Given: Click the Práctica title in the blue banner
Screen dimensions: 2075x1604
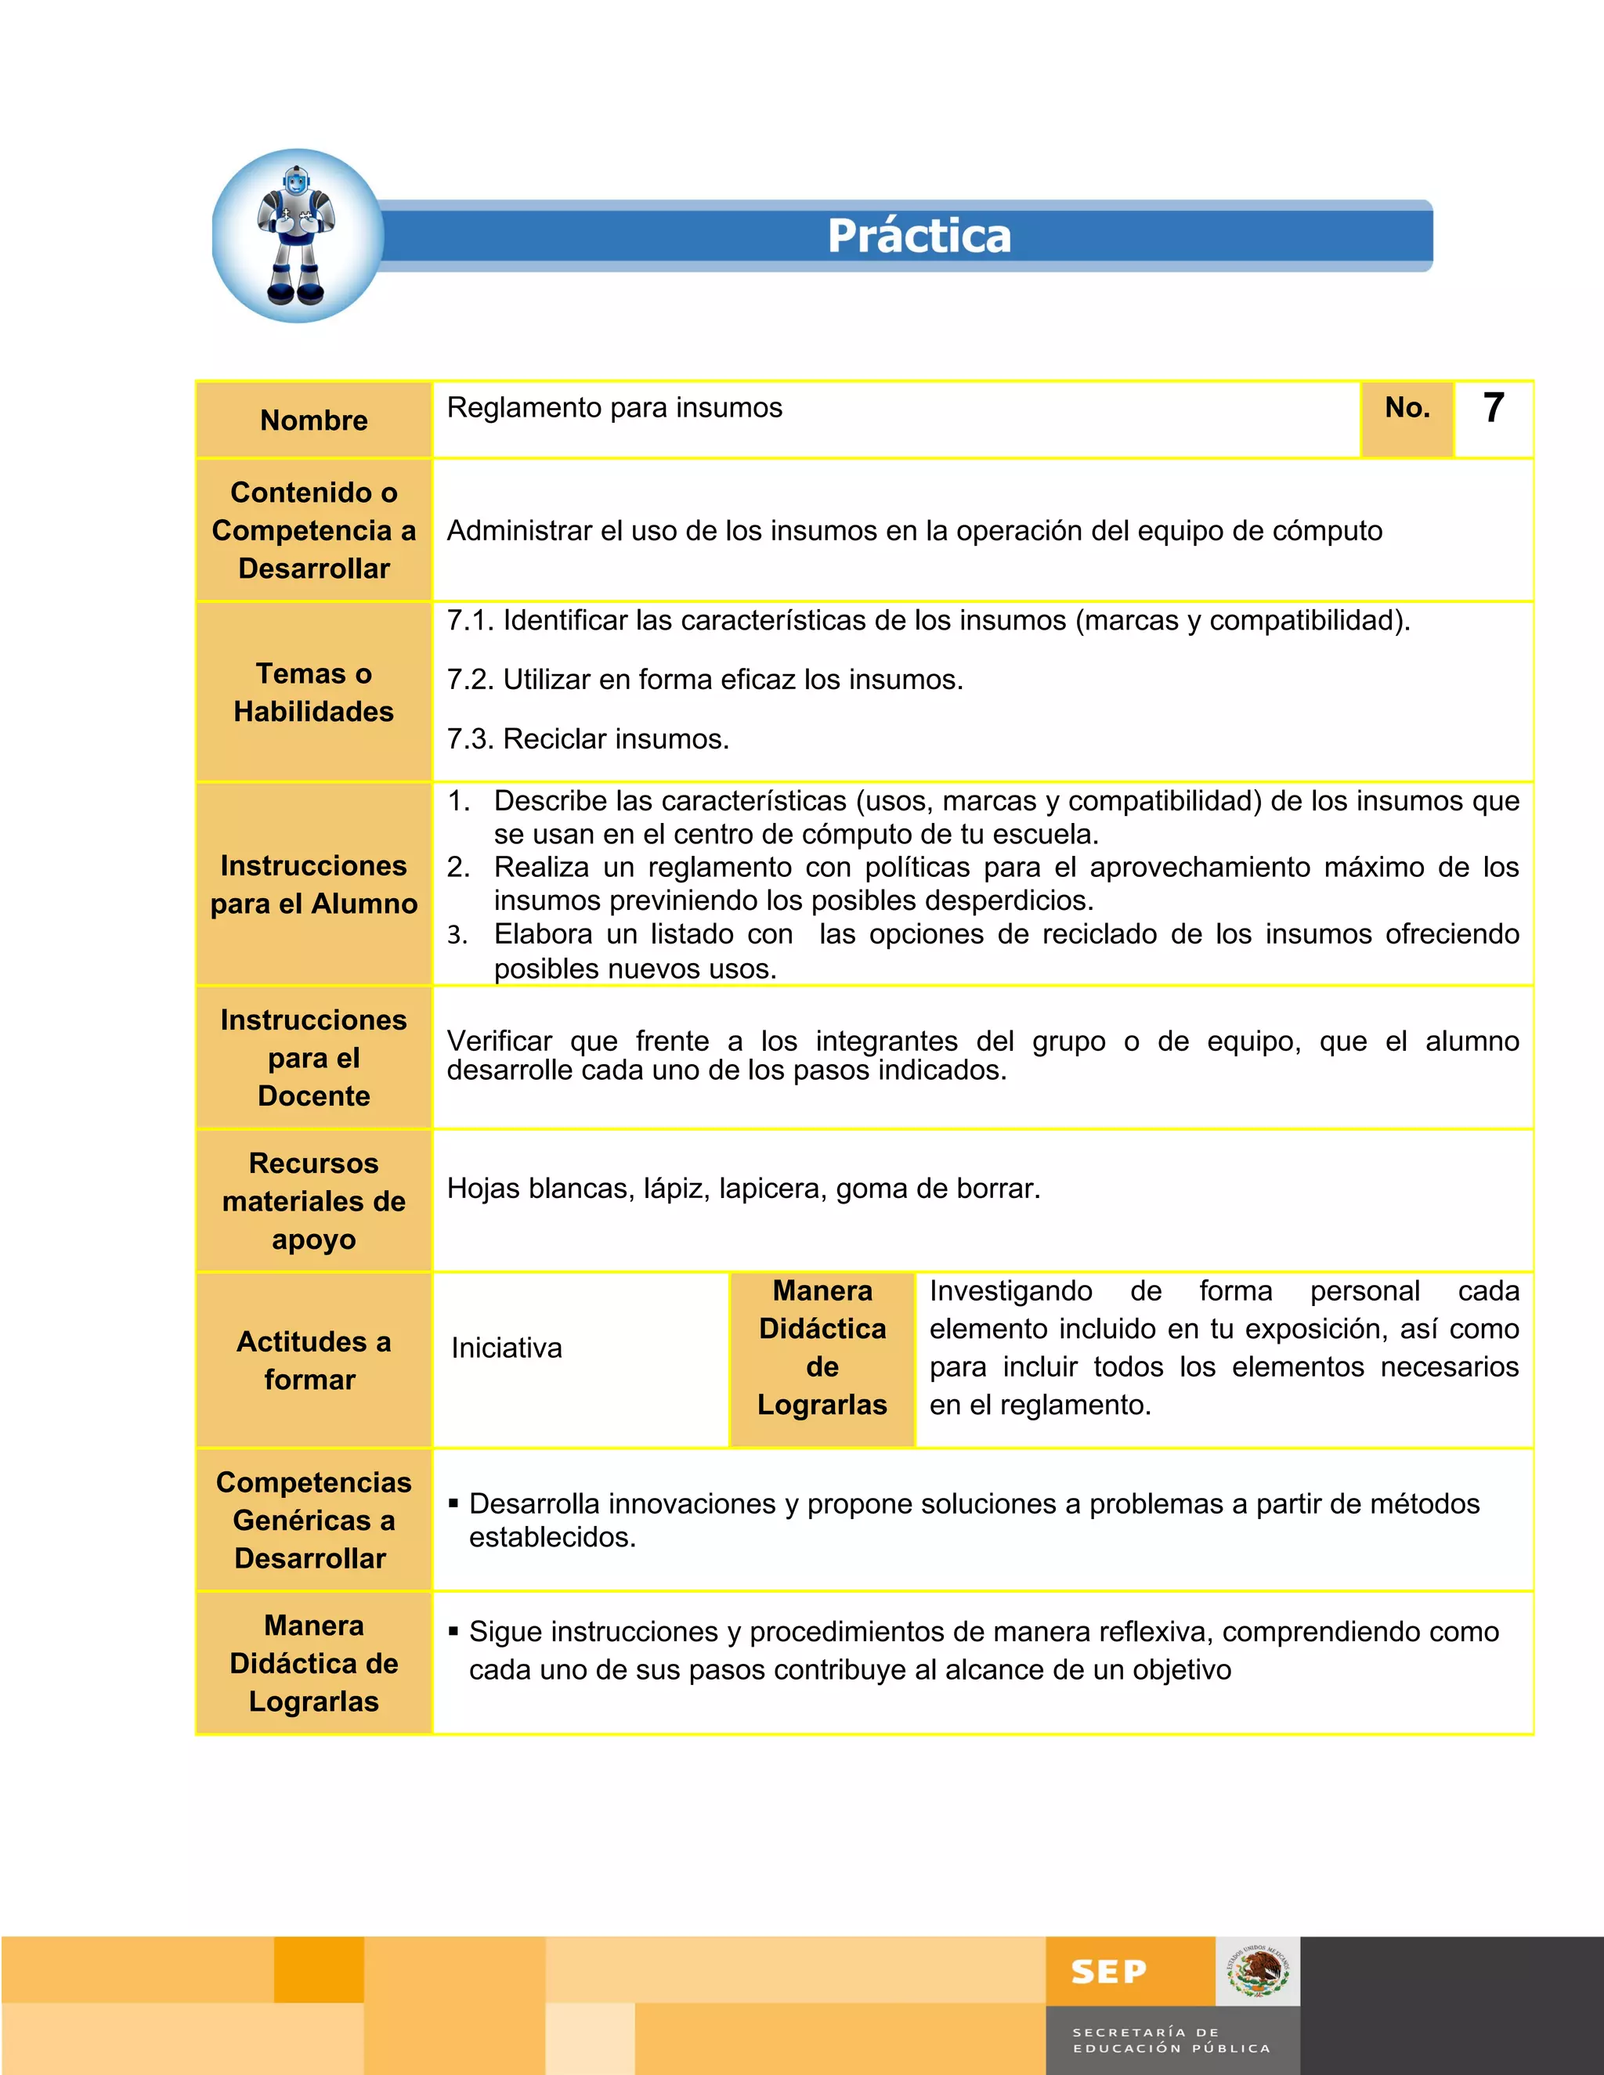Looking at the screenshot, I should (x=919, y=236).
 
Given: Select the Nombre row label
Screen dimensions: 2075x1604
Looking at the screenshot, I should (x=313, y=420).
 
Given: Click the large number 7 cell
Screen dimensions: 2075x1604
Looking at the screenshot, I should (x=1493, y=409).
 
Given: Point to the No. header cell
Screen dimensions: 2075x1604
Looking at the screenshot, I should (x=1407, y=408).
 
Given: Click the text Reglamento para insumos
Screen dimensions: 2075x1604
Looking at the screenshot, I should (x=614, y=408).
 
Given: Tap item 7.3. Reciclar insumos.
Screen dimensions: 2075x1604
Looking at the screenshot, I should (x=587, y=738).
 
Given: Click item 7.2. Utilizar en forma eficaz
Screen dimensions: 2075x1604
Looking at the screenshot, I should (x=704, y=680).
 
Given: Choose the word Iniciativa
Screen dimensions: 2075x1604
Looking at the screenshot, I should (x=507, y=1348).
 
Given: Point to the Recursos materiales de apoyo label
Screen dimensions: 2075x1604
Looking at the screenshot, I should (x=313, y=1201).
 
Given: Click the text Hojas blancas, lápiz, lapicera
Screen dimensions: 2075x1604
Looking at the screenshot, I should (x=743, y=1188).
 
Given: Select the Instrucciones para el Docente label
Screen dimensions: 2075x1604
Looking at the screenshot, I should (x=313, y=1057).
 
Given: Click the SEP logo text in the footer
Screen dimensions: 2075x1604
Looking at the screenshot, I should (x=1108, y=1972).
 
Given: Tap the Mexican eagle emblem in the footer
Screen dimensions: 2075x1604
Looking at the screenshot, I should (x=1257, y=1972).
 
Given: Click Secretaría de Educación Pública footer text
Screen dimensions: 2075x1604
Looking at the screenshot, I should (x=1171, y=2040).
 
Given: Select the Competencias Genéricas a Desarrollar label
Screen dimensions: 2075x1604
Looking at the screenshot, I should (x=312, y=1520).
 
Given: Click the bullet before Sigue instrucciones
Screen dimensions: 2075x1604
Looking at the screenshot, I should (x=454, y=1630).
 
